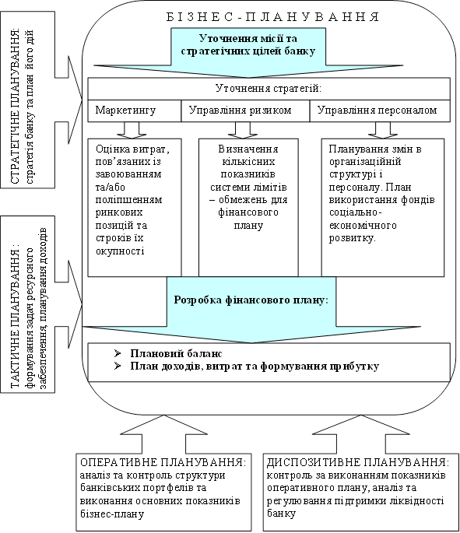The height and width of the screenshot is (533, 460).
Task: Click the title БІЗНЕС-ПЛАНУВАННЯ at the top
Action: pyautogui.click(x=272, y=16)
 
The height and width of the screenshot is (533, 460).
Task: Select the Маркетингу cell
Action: pyautogui.click(x=135, y=110)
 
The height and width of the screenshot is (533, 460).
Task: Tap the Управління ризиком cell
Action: pyautogui.click(x=245, y=110)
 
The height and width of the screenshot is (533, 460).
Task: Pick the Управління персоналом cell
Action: pyautogui.click(x=380, y=110)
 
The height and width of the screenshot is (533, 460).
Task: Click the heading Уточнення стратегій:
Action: pyautogui.click(x=269, y=89)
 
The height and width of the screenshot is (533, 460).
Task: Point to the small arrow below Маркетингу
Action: pyautogui.click(x=132, y=130)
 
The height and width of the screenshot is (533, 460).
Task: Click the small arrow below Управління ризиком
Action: pyautogui.click(x=243, y=130)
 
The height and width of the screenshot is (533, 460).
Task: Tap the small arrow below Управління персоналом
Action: pyautogui.click(x=382, y=130)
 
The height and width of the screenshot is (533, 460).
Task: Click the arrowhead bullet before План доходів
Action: pyautogui.click(x=118, y=366)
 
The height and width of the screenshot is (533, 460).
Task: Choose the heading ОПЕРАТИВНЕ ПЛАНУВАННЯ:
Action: pyautogui.click(x=163, y=462)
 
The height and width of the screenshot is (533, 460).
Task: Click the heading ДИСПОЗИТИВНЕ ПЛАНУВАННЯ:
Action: pyautogui.click(x=358, y=462)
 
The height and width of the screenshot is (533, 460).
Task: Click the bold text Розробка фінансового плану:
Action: pyautogui.click(x=251, y=300)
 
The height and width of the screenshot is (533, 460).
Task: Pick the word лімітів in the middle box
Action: pyautogui.click(x=271, y=187)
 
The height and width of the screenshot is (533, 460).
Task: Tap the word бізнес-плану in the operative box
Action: pyautogui.click(x=112, y=514)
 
